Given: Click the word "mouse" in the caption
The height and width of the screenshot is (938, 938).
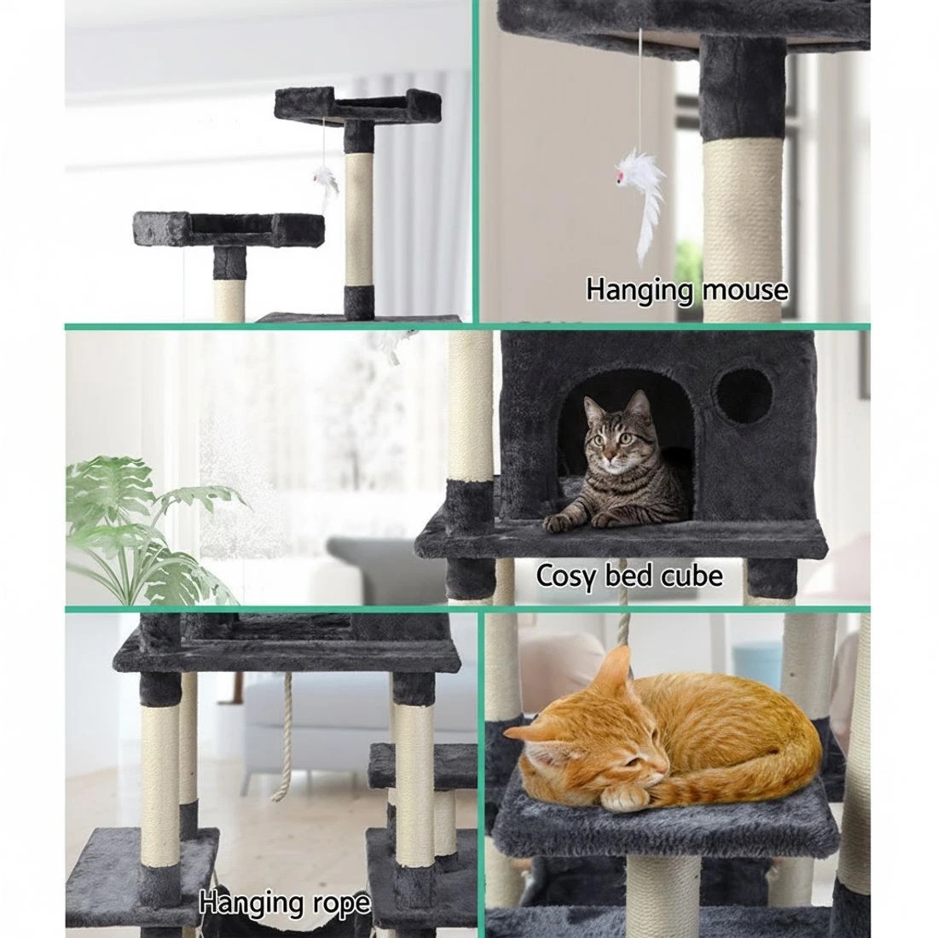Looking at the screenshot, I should [744, 291].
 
